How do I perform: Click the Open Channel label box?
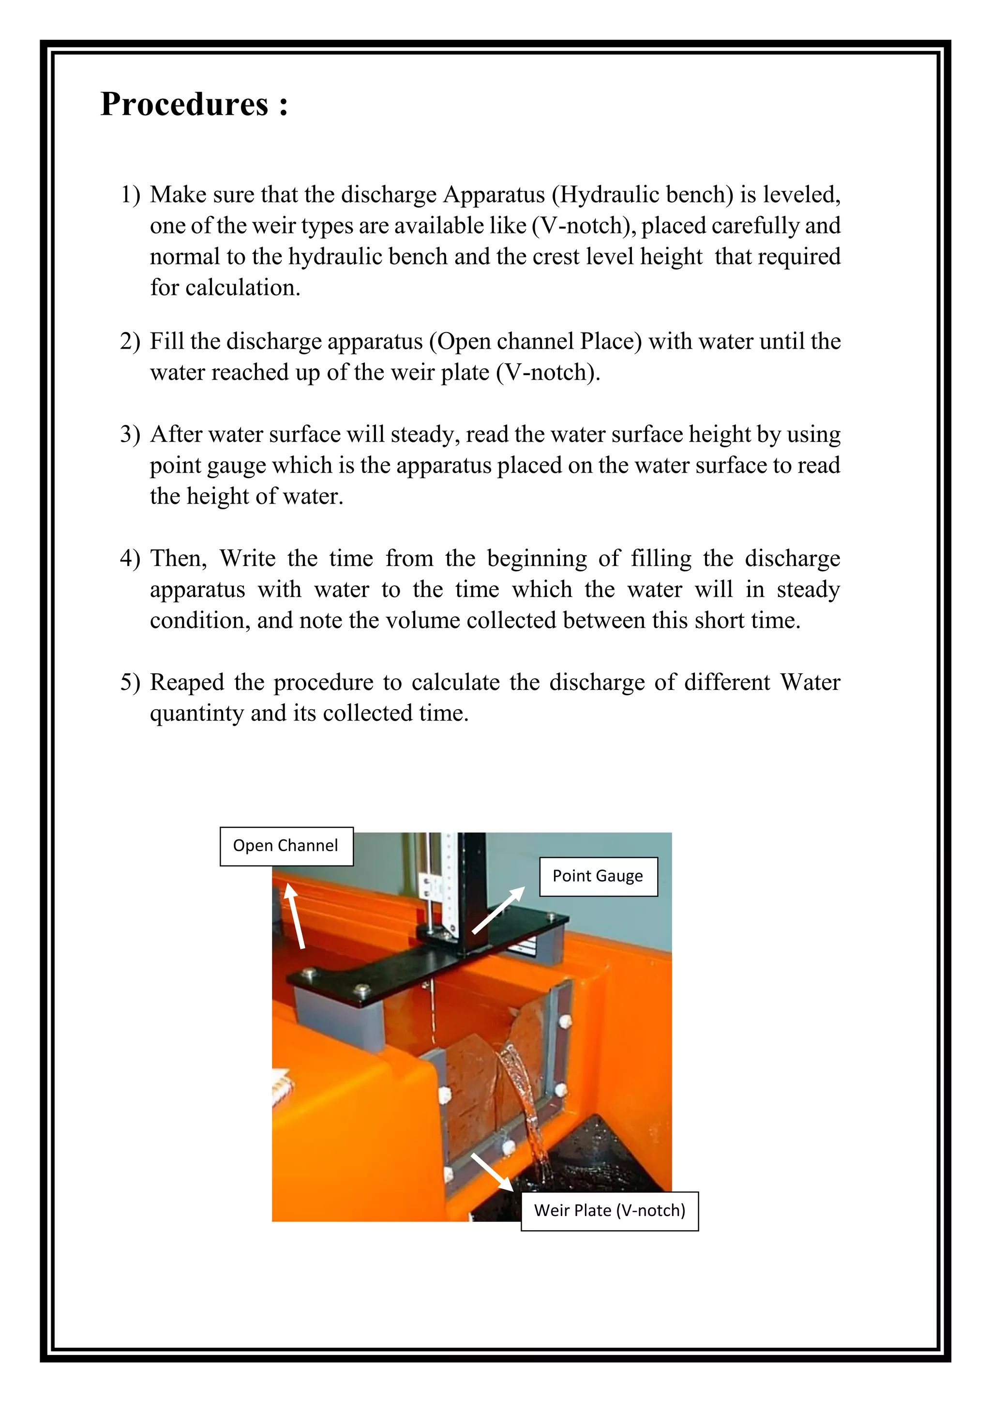[285, 846]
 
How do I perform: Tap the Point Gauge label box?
[598, 876]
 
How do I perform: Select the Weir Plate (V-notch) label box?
[609, 1211]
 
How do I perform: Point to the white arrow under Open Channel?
[295, 916]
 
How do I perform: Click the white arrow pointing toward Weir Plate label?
[492, 1172]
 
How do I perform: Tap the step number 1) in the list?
[130, 195]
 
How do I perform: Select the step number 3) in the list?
[130, 434]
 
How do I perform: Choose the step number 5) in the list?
[130, 682]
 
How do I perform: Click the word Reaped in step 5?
[187, 682]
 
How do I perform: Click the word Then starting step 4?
[178, 558]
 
